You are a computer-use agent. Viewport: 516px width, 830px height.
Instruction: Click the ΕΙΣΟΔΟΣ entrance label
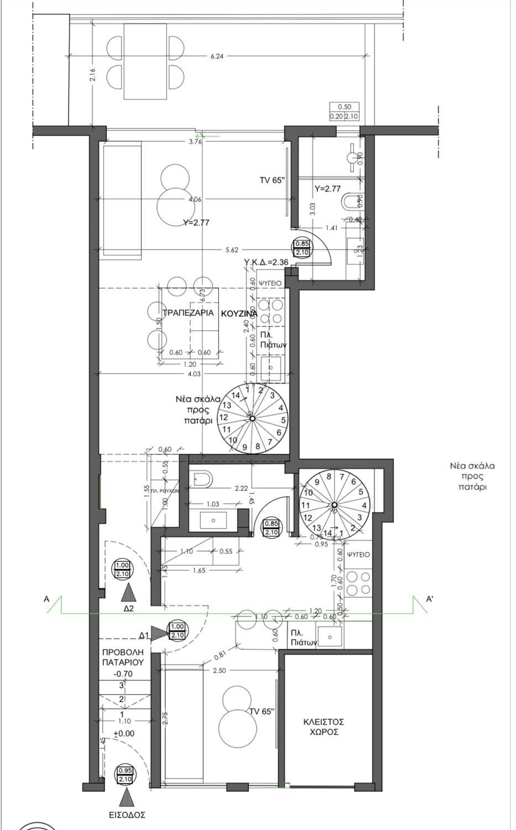pos(127,815)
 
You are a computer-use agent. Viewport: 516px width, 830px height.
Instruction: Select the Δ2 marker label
pos(129,608)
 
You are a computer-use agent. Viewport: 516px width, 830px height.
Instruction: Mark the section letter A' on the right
pos(429,599)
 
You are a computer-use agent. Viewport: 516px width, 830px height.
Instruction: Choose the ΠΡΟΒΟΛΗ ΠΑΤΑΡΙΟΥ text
pos(123,656)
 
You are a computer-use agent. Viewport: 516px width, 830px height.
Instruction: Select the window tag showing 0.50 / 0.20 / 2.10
pos(343,111)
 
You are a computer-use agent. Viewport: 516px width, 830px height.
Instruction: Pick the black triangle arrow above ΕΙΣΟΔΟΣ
pos(127,798)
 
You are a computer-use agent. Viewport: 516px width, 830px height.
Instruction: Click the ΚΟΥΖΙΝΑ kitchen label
pos(239,313)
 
